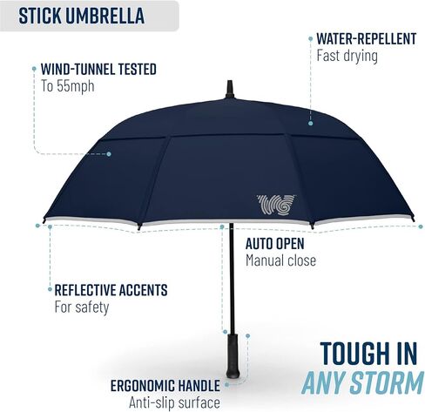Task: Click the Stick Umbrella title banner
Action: click(89, 16)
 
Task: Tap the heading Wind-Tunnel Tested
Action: click(98, 69)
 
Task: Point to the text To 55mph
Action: click(68, 86)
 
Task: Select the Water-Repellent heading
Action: click(367, 38)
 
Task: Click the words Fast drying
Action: click(347, 56)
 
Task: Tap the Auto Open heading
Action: click(274, 244)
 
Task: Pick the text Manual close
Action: click(280, 260)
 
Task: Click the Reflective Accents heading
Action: click(111, 290)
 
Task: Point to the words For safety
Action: click(82, 307)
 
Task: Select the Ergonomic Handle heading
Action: click(165, 386)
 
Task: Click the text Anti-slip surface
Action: click(174, 402)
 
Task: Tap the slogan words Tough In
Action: click(368, 354)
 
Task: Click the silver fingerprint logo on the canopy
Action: click(276, 205)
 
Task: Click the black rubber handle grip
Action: click(233, 355)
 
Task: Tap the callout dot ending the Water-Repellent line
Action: click(310, 123)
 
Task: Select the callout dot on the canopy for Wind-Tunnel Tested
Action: click(109, 154)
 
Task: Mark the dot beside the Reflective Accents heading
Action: click(50, 289)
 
